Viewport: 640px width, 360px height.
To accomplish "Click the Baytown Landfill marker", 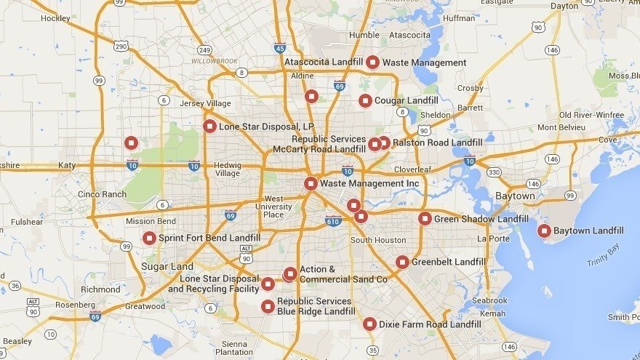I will [543, 231].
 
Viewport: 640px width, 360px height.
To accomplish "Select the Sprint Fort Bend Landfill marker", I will [149, 238].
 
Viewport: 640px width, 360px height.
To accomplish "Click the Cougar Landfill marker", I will [365, 100].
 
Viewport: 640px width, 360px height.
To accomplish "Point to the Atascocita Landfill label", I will [324, 63].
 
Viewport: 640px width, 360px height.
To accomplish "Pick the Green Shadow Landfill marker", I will [425, 219].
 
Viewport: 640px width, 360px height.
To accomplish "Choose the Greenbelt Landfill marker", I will [402, 262].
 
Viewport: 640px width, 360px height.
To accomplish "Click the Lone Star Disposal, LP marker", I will [209, 127].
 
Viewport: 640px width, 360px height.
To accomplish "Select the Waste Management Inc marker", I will [311, 184].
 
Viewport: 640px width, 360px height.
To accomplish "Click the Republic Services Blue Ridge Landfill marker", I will [268, 306].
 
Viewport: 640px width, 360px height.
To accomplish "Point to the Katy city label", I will [67, 166].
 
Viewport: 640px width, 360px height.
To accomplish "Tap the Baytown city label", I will [515, 196].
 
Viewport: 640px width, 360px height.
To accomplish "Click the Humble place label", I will [364, 35].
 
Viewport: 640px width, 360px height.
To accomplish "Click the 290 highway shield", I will [121, 46].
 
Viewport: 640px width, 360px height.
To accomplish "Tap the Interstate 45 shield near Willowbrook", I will [280, 49].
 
